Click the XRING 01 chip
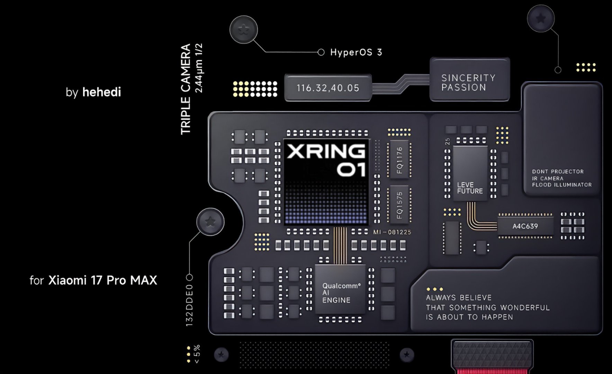(x=326, y=182)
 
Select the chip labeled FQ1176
(x=399, y=160)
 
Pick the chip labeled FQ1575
(x=399, y=205)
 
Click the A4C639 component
(x=525, y=226)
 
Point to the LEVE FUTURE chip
(x=470, y=173)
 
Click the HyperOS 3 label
(x=356, y=52)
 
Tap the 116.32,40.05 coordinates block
(x=327, y=88)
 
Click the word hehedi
(x=101, y=92)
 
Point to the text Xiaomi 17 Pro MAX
(x=102, y=280)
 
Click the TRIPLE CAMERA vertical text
(x=186, y=89)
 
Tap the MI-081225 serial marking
(x=392, y=232)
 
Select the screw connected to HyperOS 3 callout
(x=244, y=30)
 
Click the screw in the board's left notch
(x=210, y=222)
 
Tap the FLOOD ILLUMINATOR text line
(x=561, y=185)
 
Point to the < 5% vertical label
(x=197, y=354)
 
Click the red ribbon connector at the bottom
(x=492, y=371)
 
